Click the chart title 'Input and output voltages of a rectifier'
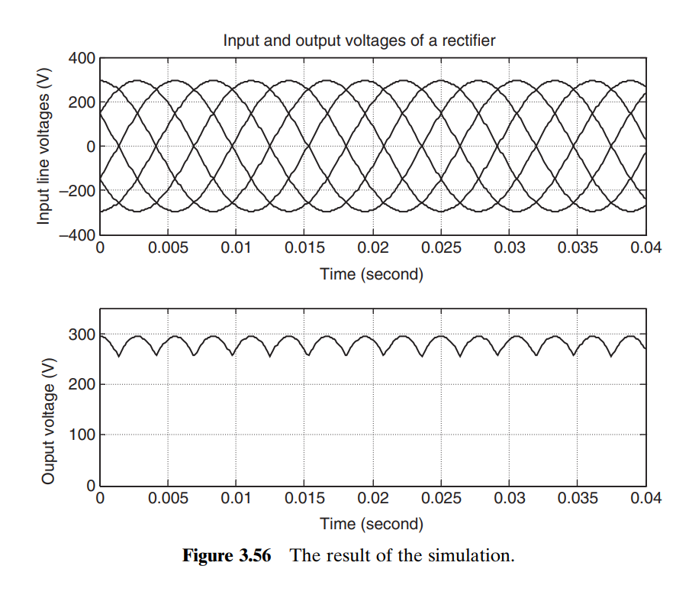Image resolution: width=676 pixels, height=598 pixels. (x=359, y=40)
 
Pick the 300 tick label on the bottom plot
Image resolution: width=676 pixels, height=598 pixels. (x=80, y=335)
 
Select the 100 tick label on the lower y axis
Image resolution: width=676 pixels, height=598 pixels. (x=80, y=435)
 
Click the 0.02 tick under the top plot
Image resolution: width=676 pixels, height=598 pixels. (x=373, y=249)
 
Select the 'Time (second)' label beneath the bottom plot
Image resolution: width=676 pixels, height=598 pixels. (x=372, y=524)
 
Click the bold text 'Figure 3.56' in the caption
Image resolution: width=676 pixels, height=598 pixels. (x=227, y=555)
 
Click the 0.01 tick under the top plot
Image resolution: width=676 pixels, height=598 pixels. (x=237, y=249)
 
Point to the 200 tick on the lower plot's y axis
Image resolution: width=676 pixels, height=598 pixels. (x=80, y=385)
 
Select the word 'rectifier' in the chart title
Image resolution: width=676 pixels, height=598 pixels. (x=469, y=40)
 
